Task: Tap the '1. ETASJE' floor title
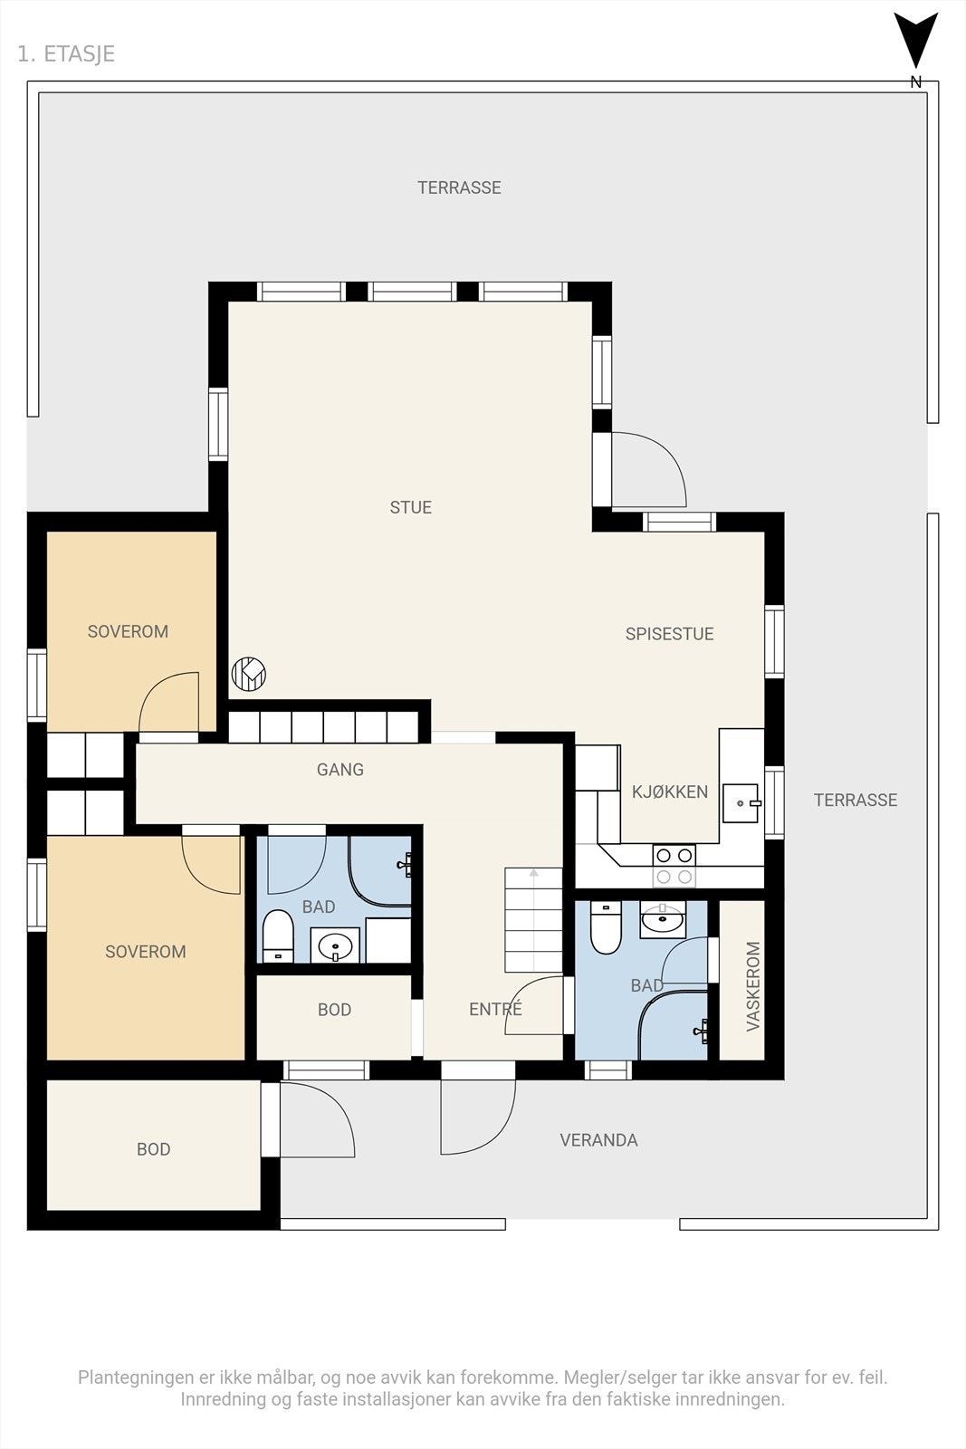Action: (66, 53)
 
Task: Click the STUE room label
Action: (411, 507)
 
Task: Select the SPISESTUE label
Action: (669, 634)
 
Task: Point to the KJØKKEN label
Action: (670, 792)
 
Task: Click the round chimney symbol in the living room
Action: (249, 674)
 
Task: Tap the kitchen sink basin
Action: (741, 802)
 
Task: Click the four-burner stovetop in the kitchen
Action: (674, 866)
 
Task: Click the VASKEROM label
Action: (752, 986)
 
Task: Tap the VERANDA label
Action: (598, 1140)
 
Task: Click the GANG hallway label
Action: (340, 769)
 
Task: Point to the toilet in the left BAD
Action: (278, 936)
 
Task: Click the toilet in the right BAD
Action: (606, 927)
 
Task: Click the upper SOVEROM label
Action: (128, 631)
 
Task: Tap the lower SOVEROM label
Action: (146, 952)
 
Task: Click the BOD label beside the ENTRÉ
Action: (334, 1010)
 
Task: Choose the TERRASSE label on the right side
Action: (856, 801)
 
